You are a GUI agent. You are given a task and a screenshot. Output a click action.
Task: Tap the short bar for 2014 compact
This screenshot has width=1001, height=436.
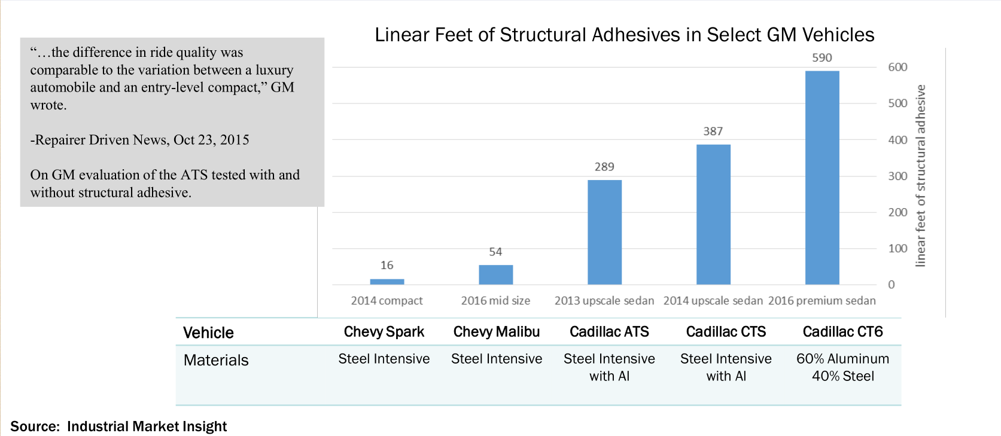pyautogui.click(x=387, y=281)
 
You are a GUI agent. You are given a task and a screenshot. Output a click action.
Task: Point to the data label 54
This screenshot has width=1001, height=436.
pyautogui.click(x=495, y=252)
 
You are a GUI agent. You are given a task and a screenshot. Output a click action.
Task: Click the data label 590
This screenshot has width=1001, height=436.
pyautogui.click(x=822, y=58)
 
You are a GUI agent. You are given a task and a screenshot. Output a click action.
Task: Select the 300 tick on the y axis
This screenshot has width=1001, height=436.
pyautogui.click(x=897, y=176)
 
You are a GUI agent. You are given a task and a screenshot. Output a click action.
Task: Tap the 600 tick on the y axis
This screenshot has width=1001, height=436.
pyautogui.click(x=897, y=67)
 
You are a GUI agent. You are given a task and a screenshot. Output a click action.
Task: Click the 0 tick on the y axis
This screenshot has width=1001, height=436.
pyautogui.click(x=892, y=285)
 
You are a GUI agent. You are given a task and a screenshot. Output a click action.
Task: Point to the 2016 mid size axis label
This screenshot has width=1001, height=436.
pyautogui.click(x=495, y=301)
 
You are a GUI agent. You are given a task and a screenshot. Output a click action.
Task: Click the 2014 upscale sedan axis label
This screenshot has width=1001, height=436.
pyautogui.click(x=713, y=301)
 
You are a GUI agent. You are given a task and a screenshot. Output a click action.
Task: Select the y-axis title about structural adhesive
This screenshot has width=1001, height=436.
pyautogui.click(x=921, y=175)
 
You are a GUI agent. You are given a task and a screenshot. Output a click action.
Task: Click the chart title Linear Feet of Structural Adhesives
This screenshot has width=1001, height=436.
pyautogui.click(x=624, y=35)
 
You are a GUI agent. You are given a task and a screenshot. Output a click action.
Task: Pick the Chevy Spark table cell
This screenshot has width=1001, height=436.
pyautogui.click(x=384, y=332)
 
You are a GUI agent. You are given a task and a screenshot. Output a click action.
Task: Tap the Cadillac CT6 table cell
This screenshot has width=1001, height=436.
pyautogui.click(x=842, y=332)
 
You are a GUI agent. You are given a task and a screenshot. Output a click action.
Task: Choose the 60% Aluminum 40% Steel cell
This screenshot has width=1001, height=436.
pyautogui.click(x=842, y=367)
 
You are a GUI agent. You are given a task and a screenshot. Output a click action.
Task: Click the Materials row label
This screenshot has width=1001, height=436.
pyautogui.click(x=216, y=360)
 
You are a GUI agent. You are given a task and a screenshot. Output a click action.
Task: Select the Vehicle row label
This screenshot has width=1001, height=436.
pyautogui.click(x=208, y=333)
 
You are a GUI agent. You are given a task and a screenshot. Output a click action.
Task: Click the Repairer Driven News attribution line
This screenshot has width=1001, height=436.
pyautogui.click(x=139, y=140)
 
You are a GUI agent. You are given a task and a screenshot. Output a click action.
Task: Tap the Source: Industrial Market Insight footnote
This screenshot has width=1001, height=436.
pyautogui.click(x=118, y=426)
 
